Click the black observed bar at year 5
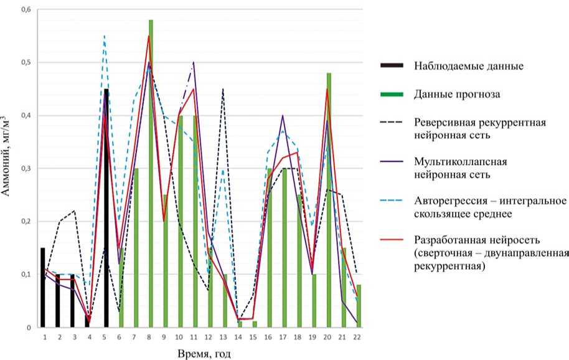(106, 209)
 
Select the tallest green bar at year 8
(151, 174)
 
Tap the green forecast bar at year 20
(329, 199)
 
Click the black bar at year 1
(43, 287)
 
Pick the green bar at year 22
(359, 306)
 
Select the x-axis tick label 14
(239, 336)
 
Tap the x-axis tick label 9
(165, 336)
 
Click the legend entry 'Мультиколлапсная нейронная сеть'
(459, 168)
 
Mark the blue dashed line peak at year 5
(104, 36)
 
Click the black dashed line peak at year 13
(223, 89)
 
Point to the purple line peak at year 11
(194, 63)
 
